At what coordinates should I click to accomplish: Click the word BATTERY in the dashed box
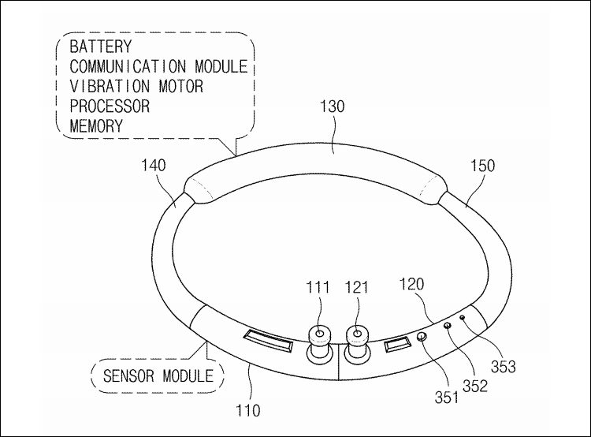[101, 47]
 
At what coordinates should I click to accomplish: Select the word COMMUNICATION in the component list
[128, 66]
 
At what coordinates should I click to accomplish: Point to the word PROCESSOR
[110, 106]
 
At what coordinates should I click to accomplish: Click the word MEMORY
[96, 125]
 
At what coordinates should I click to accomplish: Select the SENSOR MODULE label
[158, 375]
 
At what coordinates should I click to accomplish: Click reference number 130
[332, 106]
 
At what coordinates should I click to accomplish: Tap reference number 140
[154, 166]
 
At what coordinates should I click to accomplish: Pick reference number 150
[482, 166]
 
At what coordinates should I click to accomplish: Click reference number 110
[247, 410]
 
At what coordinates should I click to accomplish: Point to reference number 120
[411, 284]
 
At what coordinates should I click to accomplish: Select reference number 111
[318, 287]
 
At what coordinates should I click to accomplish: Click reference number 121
[356, 287]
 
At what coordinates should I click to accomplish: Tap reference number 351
[447, 397]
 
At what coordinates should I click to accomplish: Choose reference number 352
[475, 386]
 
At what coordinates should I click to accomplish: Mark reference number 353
[504, 366]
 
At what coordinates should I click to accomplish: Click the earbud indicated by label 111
[320, 342]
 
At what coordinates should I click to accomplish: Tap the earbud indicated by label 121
[357, 342]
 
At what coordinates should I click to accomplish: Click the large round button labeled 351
[422, 336]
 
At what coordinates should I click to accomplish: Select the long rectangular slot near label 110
[269, 341]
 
